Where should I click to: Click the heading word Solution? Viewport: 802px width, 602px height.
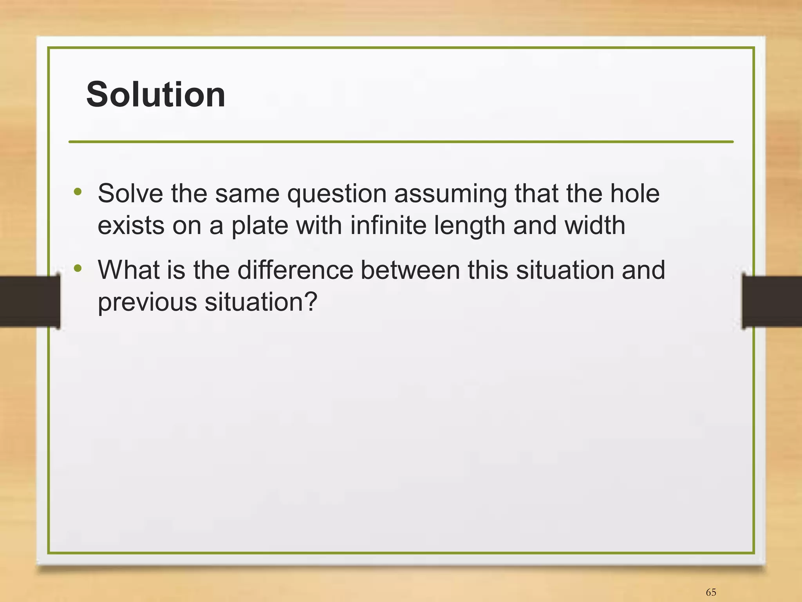coord(155,95)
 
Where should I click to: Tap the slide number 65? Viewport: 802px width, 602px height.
coord(711,592)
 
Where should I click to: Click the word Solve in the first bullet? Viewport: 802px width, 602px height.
coord(130,193)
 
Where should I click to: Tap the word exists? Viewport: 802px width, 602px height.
coord(131,226)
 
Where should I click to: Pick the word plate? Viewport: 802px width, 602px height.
coord(260,226)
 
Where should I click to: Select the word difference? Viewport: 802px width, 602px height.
coord(295,270)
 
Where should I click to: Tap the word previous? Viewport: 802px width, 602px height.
coord(147,303)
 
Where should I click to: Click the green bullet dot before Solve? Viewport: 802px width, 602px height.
coord(78,192)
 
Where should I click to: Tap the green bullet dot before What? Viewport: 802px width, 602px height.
coord(78,269)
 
